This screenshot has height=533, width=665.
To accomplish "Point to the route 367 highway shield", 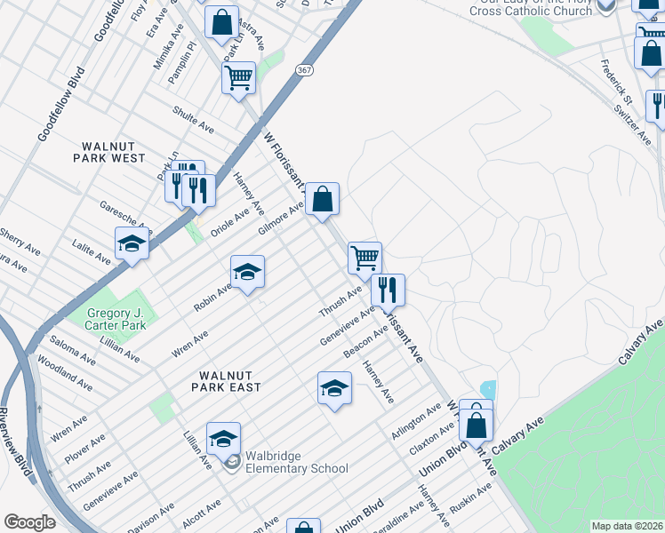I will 305,70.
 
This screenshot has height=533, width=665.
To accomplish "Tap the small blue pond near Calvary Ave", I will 486,389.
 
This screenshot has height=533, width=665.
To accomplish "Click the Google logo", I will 29,522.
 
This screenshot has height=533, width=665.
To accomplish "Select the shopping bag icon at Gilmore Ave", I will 323,198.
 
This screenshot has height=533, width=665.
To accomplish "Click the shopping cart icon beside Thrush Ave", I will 365,258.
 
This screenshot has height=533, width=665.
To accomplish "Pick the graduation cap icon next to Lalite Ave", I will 132,243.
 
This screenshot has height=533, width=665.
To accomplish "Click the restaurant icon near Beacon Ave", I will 389,290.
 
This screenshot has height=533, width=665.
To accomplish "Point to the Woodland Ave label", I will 65,374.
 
